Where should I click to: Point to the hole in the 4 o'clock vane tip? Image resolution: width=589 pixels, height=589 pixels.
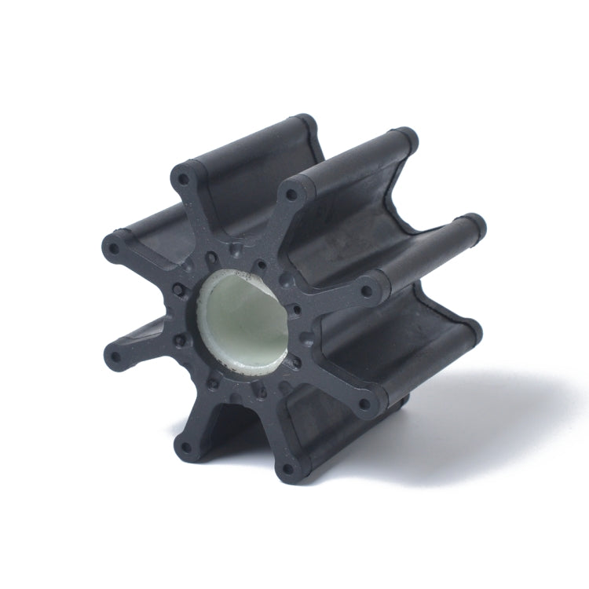pyautogui.click(x=364, y=406)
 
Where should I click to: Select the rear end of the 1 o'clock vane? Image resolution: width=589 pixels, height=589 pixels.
pyautogui.click(x=405, y=137)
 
